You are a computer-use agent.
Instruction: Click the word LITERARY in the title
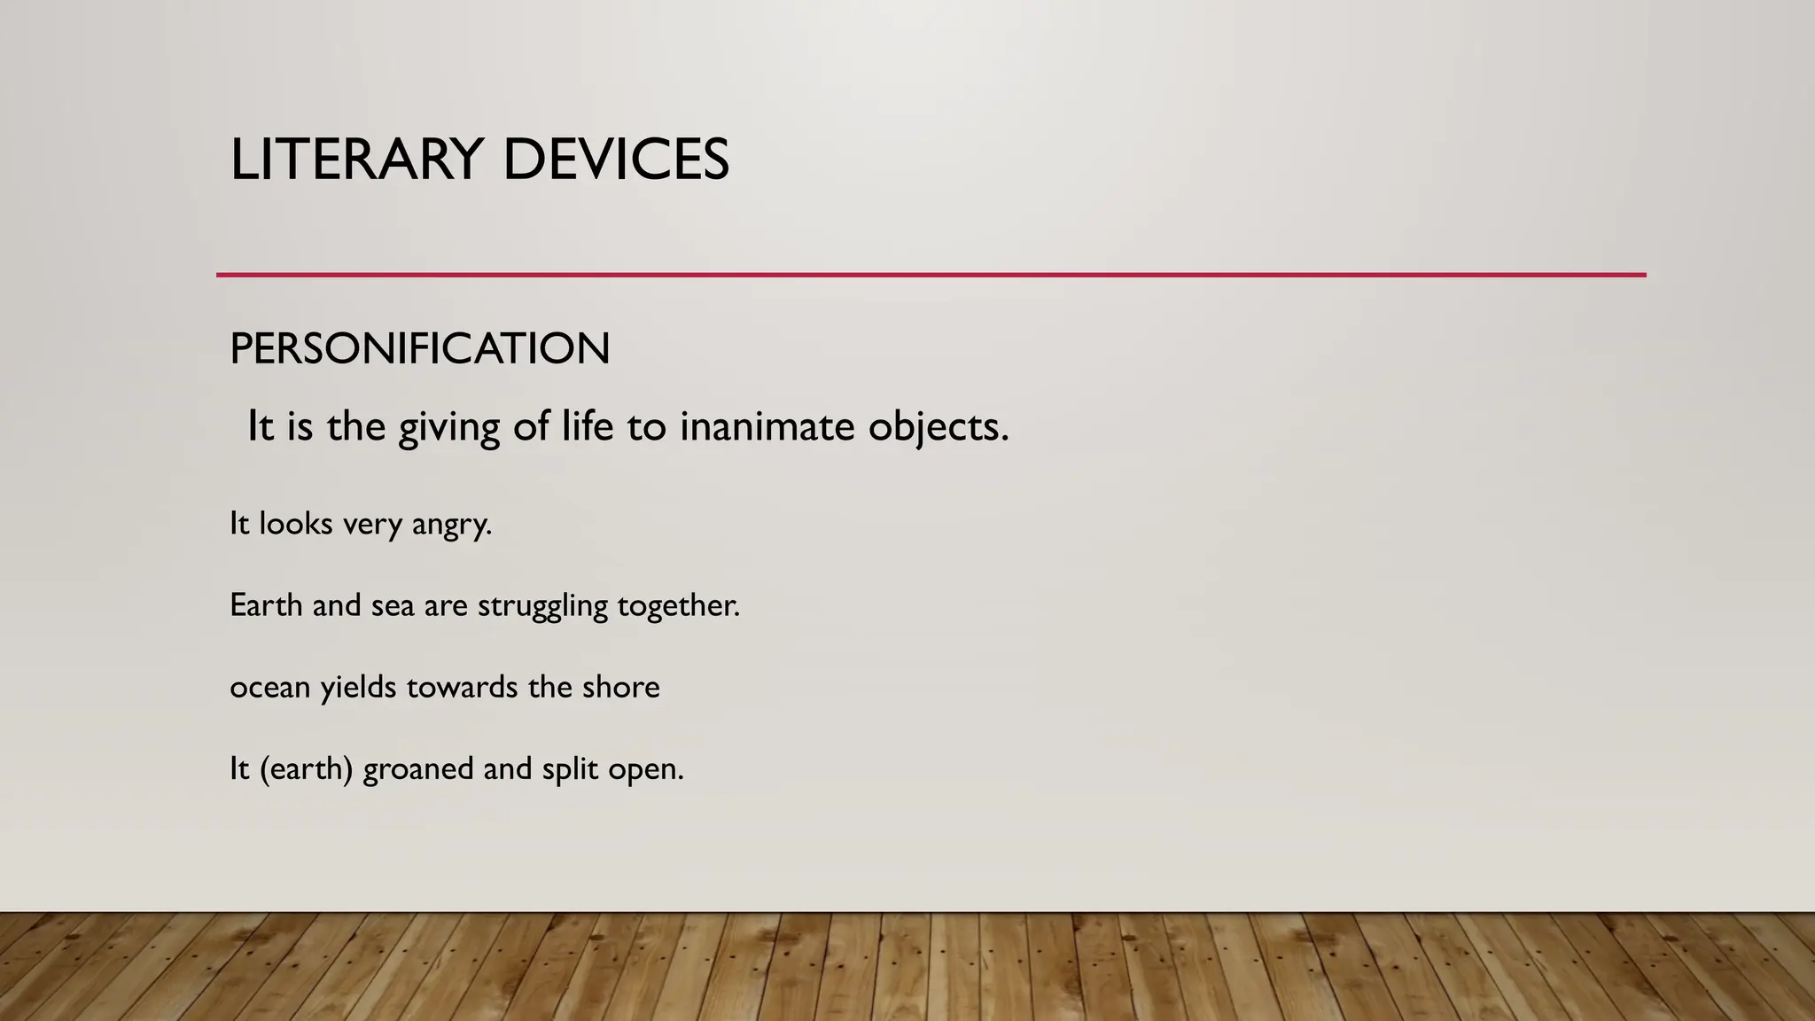355,160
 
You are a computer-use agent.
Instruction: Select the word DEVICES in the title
615,160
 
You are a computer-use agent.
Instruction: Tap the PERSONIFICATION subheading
419,348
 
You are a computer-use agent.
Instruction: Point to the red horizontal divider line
931,275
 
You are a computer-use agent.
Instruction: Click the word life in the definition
588,426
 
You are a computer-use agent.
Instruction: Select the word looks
295,524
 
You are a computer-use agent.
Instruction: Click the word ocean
269,688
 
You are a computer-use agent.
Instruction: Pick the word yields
357,688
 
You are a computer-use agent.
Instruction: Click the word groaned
418,769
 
